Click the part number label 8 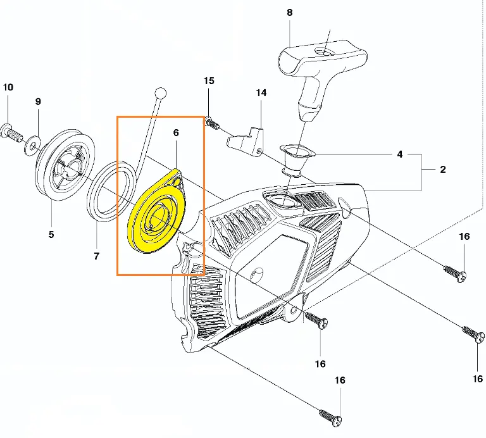point(289,13)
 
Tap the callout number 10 point(8,87)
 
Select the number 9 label point(38,101)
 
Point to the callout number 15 point(209,80)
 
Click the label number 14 point(261,92)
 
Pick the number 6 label point(176,133)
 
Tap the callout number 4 point(400,154)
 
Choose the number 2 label point(443,169)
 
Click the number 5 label point(51,234)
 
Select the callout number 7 point(96,256)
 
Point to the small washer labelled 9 point(33,145)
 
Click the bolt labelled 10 point(12,134)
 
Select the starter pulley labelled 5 point(65,165)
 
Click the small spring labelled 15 point(212,123)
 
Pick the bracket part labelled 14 point(246,141)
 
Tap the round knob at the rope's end point(160,93)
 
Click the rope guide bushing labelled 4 point(297,161)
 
